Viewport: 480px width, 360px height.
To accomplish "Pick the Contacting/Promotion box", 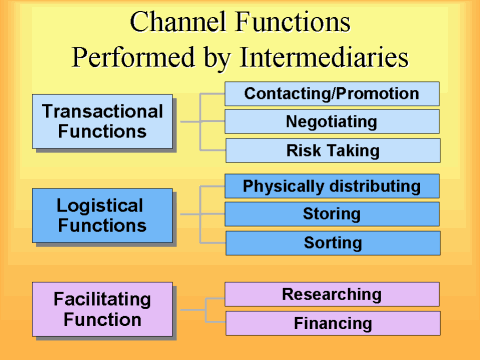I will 332,93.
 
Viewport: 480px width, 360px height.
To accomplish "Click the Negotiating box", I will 332,121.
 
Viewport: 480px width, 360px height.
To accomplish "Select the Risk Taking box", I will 332,150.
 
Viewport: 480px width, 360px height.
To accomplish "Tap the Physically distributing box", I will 332,185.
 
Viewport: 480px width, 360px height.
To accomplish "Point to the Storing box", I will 332,213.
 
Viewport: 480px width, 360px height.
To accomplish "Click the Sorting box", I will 332,242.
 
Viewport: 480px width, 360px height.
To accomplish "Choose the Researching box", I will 332,294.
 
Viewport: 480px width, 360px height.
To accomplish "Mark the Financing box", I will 332,323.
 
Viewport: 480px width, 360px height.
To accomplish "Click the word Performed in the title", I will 129,57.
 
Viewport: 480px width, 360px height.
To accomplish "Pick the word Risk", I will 304,150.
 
